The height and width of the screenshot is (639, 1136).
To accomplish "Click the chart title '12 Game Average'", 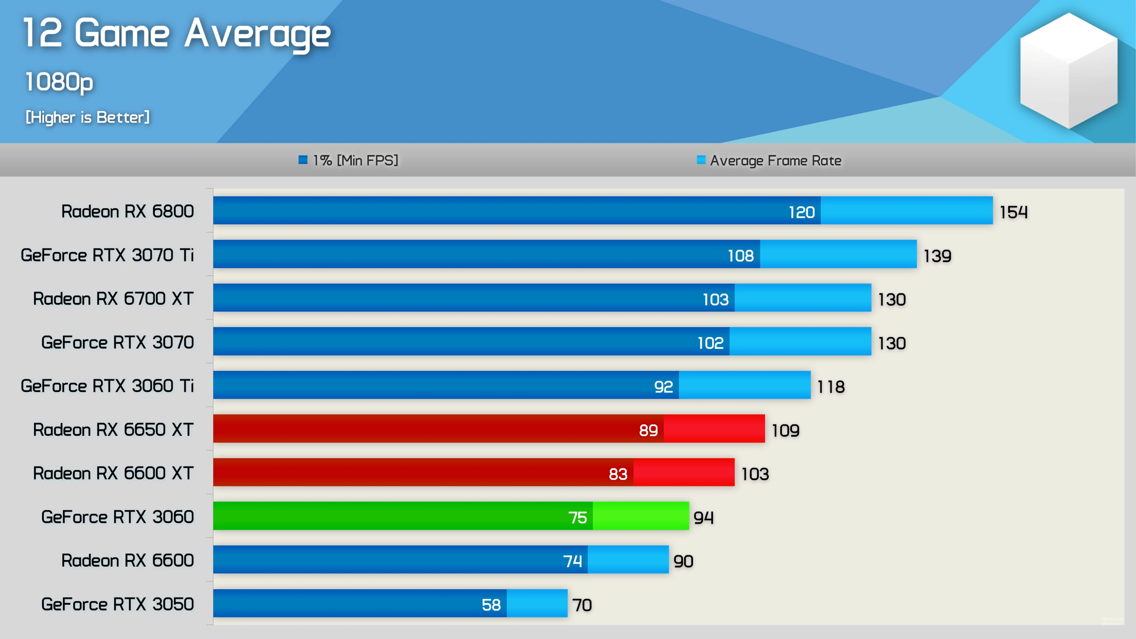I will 177,33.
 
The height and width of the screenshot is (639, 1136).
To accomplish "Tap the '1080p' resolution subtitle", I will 59,82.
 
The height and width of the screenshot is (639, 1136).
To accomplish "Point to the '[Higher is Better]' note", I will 87,117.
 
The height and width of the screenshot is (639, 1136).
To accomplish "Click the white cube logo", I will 1069,71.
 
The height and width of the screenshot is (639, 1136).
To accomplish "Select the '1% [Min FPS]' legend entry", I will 349,160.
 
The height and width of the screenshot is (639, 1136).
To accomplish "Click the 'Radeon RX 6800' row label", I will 127,211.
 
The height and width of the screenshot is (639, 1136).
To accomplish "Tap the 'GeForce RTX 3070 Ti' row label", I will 107,255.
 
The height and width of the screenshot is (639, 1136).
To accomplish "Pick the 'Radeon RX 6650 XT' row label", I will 113,430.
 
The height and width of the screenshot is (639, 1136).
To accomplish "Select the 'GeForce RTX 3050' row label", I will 117,604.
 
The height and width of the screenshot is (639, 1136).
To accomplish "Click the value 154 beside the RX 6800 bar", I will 1013,212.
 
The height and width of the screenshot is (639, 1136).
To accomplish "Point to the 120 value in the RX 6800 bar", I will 801,212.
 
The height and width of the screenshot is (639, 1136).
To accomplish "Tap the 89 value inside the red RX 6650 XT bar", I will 648,430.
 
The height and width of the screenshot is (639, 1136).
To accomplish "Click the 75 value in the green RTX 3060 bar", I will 577,517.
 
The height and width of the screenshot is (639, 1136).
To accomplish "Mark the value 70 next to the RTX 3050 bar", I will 582,605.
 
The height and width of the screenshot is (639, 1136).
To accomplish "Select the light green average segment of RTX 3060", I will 641,516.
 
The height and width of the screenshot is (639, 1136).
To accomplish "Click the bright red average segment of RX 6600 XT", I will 684,472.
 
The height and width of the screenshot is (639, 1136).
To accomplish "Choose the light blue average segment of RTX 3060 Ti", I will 745,385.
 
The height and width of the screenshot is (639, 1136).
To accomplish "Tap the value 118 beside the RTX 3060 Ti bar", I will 831,387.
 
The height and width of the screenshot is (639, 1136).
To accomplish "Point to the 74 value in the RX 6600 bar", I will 572,561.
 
